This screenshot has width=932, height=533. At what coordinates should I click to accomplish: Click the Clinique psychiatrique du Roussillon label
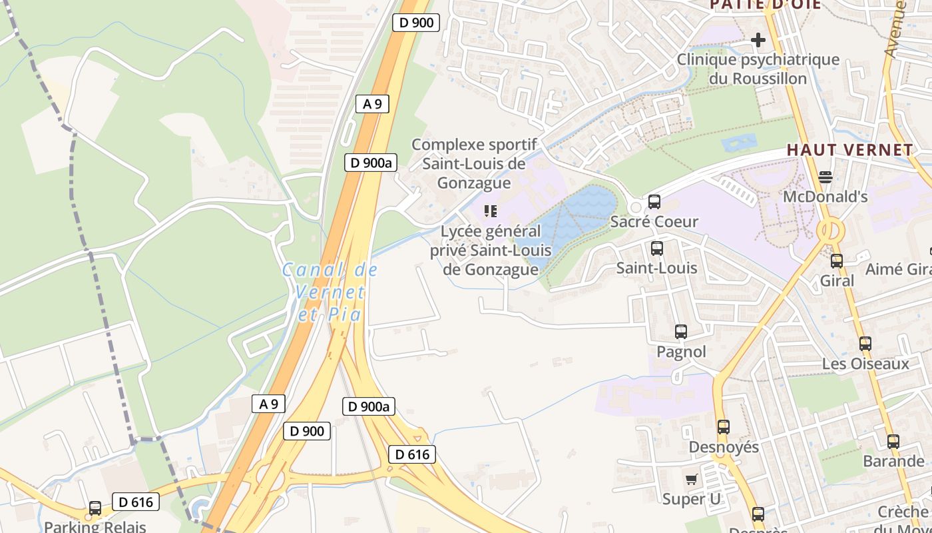coord(758,69)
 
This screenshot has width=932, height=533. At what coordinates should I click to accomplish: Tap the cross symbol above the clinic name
coord(758,41)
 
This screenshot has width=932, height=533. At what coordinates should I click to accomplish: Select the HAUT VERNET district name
coord(850,150)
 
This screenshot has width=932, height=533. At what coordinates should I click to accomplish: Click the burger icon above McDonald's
coord(825,177)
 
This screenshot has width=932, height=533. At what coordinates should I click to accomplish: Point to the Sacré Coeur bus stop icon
coord(654,202)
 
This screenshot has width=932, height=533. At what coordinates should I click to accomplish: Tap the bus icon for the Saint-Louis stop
coord(657,249)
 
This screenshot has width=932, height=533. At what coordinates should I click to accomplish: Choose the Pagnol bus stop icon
coord(681,332)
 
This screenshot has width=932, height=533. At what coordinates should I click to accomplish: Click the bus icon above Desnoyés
coord(724,427)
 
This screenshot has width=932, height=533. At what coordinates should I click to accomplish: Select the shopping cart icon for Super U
coord(692,479)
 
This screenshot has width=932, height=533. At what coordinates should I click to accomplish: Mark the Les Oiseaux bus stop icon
coord(865,344)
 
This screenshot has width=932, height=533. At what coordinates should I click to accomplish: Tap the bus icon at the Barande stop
coord(893,441)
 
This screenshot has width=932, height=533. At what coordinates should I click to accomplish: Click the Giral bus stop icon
coord(837,261)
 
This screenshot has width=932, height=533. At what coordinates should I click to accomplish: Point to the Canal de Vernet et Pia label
coord(330,292)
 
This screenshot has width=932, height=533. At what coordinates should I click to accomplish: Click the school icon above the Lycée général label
coord(491,212)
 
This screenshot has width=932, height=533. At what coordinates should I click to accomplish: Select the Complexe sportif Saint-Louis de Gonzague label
coord(475,164)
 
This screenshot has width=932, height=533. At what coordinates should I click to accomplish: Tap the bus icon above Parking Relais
coord(95,508)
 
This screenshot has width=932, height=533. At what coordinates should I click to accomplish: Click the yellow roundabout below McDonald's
coord(830,232)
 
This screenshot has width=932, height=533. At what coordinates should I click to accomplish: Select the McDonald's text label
coord(825,197)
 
